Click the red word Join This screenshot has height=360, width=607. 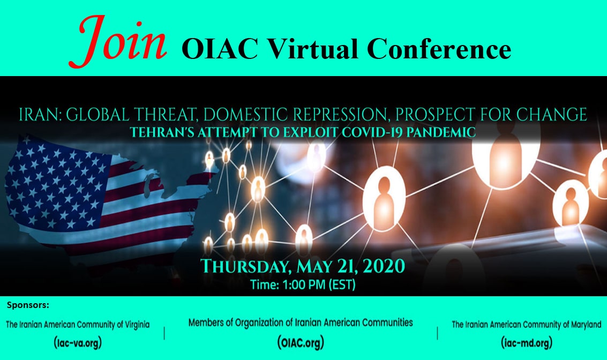pos(118,42)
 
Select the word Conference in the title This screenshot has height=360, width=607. pos(439,49)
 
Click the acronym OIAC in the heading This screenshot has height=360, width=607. pos(220,49)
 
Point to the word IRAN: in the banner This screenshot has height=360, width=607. pos(40,115)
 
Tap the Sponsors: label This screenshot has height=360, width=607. pos(28,305)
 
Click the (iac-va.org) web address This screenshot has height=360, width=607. pos(78,342)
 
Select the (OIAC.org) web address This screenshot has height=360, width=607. pos(301,342)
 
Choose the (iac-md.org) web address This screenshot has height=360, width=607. pos(527,342)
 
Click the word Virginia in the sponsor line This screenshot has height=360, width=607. pos(136,325)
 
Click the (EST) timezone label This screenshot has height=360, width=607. pos(342,285)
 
